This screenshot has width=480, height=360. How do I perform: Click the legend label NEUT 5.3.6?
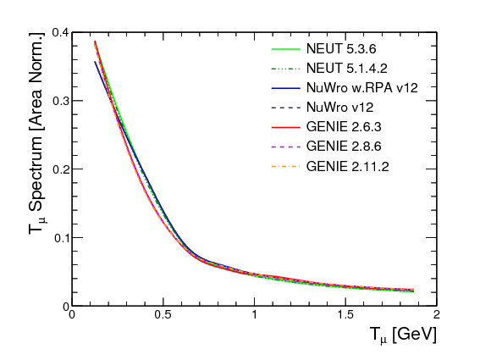point(341,49)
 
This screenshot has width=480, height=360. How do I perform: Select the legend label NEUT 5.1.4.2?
point(347,68)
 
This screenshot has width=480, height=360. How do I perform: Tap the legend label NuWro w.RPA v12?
point(362,88)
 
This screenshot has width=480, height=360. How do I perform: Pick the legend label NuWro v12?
point(339,108)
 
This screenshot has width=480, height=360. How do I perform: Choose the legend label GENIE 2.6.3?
point(344,127)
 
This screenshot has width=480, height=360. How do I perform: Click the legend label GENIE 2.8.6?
point(344,147)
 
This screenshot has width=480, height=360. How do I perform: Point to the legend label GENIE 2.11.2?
point(347,166)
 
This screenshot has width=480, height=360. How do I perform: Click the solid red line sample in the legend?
point(286,127)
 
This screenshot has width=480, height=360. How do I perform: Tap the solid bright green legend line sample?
point(286,49)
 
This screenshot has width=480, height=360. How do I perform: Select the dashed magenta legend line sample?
point(286,147)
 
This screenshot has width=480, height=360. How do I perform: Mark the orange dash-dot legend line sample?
point(286,167)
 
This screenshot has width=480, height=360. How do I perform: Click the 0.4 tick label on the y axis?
point(60,32)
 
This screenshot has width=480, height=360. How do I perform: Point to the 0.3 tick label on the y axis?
point(60,101)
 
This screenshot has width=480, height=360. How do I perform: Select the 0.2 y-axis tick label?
point(60,169)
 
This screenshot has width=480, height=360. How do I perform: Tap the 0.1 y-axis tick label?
point(60,238)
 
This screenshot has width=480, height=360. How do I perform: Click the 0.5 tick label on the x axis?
point(163,314)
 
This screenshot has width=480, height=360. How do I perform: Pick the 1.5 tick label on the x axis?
point(345,314)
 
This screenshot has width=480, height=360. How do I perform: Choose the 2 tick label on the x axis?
point(437,314)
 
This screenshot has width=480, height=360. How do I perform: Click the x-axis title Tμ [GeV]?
point(403,335)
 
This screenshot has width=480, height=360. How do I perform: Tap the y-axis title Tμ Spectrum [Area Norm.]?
point(37,133)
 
